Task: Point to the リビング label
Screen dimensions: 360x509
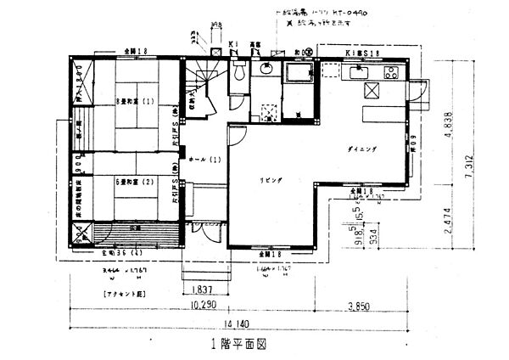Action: point(271,182)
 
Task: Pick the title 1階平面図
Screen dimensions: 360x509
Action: point(239,346)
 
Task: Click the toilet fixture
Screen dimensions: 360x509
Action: point(238,73)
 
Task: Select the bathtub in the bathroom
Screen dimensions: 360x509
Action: point(298,76)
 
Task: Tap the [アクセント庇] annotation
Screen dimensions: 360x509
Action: point(122,292)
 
